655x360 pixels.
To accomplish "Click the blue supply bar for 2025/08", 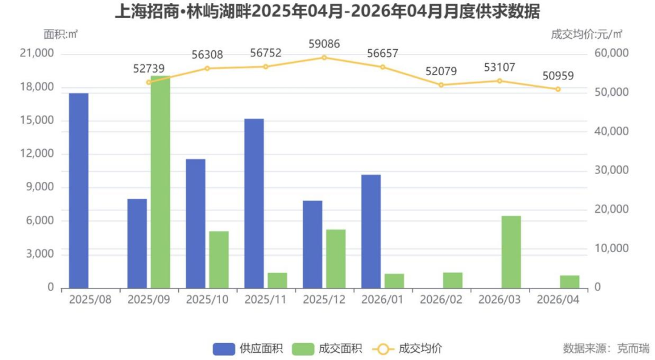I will (x=79, y=190).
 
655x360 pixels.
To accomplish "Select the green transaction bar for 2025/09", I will (x=161, y=182).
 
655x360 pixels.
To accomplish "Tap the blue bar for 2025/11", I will (x=254, y=203).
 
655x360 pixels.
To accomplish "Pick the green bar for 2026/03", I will (x=511, y=252).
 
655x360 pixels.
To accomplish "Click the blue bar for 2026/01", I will (x=371, y=231).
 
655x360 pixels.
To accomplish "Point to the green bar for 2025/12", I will (x=336, y=258).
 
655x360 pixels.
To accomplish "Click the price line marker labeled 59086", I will (x=324, y=58).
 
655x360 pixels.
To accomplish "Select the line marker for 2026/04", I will (x=558, y=89).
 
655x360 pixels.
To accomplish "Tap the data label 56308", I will (x=207, y=55).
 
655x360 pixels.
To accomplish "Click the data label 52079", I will (x=441, y=72).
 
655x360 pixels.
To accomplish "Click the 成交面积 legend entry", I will (x=327, y=348).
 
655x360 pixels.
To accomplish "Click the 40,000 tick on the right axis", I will (x=611, y=132).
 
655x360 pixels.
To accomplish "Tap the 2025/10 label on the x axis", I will (x=207, y=300).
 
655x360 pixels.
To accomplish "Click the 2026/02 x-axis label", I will (x=441, y=300).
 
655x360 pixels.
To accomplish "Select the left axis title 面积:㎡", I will (x=61, y=34).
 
